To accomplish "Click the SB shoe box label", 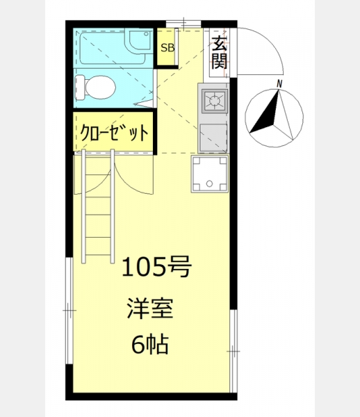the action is [x=167, y=48].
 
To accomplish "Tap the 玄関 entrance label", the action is [x=220, y=52].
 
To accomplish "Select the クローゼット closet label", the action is [x=114, y=132].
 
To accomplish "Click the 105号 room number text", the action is [x=156, y=266].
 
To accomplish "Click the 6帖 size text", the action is [x=150, y=345].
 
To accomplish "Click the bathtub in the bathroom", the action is [x=113, y=48].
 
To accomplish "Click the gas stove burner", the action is [x=214, y=101].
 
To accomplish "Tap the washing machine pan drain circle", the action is [x=209, y=183].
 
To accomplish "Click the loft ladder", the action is [x=98, y=206].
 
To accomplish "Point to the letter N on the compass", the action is [x=279, y=84].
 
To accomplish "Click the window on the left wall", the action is [x=69, y=311].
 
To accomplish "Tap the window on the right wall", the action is [x=234, y=351].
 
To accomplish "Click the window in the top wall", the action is [x=183, y=24].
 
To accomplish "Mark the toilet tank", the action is [x=80, y=88].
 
